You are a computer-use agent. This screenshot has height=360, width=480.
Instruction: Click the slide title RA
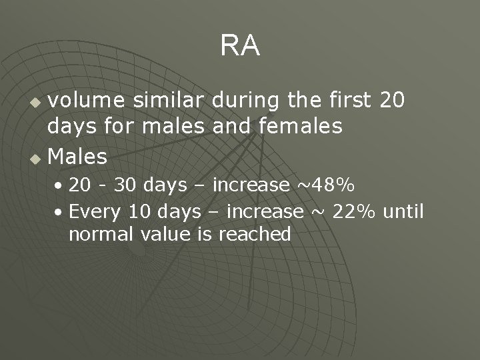pos(240,46)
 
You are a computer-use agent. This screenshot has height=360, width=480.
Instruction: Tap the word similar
pos(169,101)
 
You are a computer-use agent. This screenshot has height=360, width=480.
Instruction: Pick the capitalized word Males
pos(78,157)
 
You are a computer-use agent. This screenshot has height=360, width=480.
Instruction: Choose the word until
pos(403,211)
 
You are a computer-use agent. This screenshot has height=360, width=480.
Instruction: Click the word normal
pos(102,234)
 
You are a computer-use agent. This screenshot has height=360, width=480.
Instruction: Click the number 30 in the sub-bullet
pos(124,185)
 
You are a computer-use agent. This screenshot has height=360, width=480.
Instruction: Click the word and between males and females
pos(229,125)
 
